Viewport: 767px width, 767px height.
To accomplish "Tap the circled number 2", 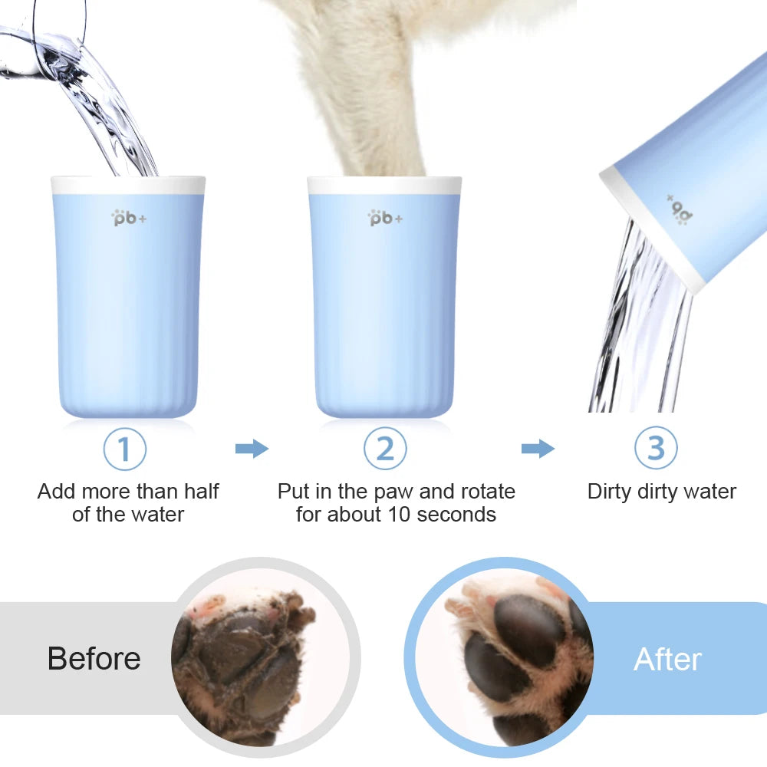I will coord(384,449).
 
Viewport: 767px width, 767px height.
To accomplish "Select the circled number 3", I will coord(656,449).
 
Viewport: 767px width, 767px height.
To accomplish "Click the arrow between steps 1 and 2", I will coord(252,449).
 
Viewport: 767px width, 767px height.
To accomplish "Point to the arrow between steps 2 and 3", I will coord(538,449).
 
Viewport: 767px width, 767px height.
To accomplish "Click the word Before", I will coord(94,659).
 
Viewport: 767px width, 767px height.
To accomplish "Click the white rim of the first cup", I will coord(128,185).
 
